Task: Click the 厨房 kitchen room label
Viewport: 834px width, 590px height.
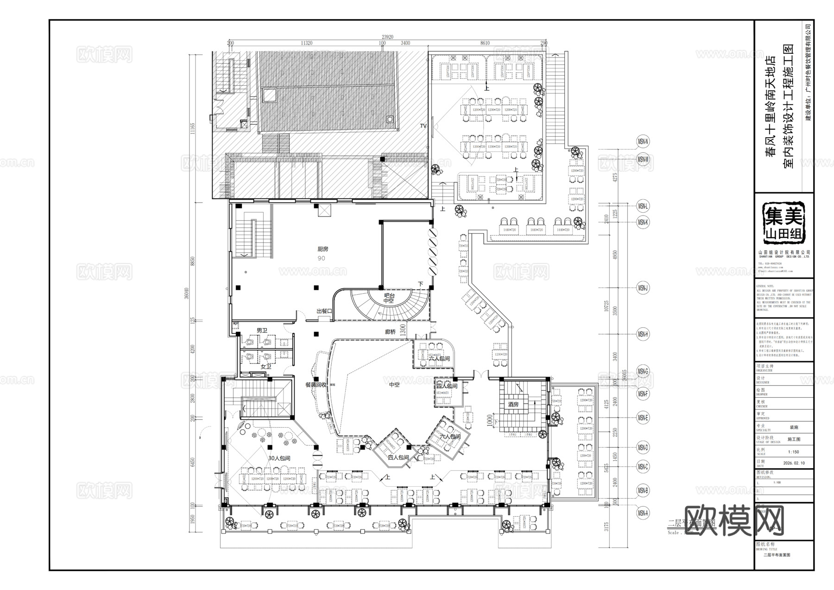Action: click(322, 249)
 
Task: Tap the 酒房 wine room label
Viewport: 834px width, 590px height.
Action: click(513, 404)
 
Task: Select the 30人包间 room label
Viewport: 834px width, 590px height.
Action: click(279, 458)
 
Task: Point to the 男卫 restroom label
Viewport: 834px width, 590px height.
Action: click(262, 330)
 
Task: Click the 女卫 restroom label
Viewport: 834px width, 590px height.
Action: click(266, 366)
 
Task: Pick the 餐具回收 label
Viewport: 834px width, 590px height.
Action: click(316, 385)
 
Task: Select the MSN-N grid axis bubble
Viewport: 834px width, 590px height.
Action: click(643, 141)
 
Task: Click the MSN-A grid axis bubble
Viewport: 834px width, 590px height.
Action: click(643, 513)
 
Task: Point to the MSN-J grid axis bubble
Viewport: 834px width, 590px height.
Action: click(643, 288)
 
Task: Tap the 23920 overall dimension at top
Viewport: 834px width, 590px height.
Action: click(387, 37)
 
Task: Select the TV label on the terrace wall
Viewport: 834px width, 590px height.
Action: click(423, 126)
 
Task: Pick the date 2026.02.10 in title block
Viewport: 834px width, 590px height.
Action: click(794, 463)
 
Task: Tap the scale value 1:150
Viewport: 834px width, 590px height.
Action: click(793, 451)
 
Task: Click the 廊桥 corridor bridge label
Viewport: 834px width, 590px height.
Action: click(391, 332)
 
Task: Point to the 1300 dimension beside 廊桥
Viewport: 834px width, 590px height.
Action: click(403, 330)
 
